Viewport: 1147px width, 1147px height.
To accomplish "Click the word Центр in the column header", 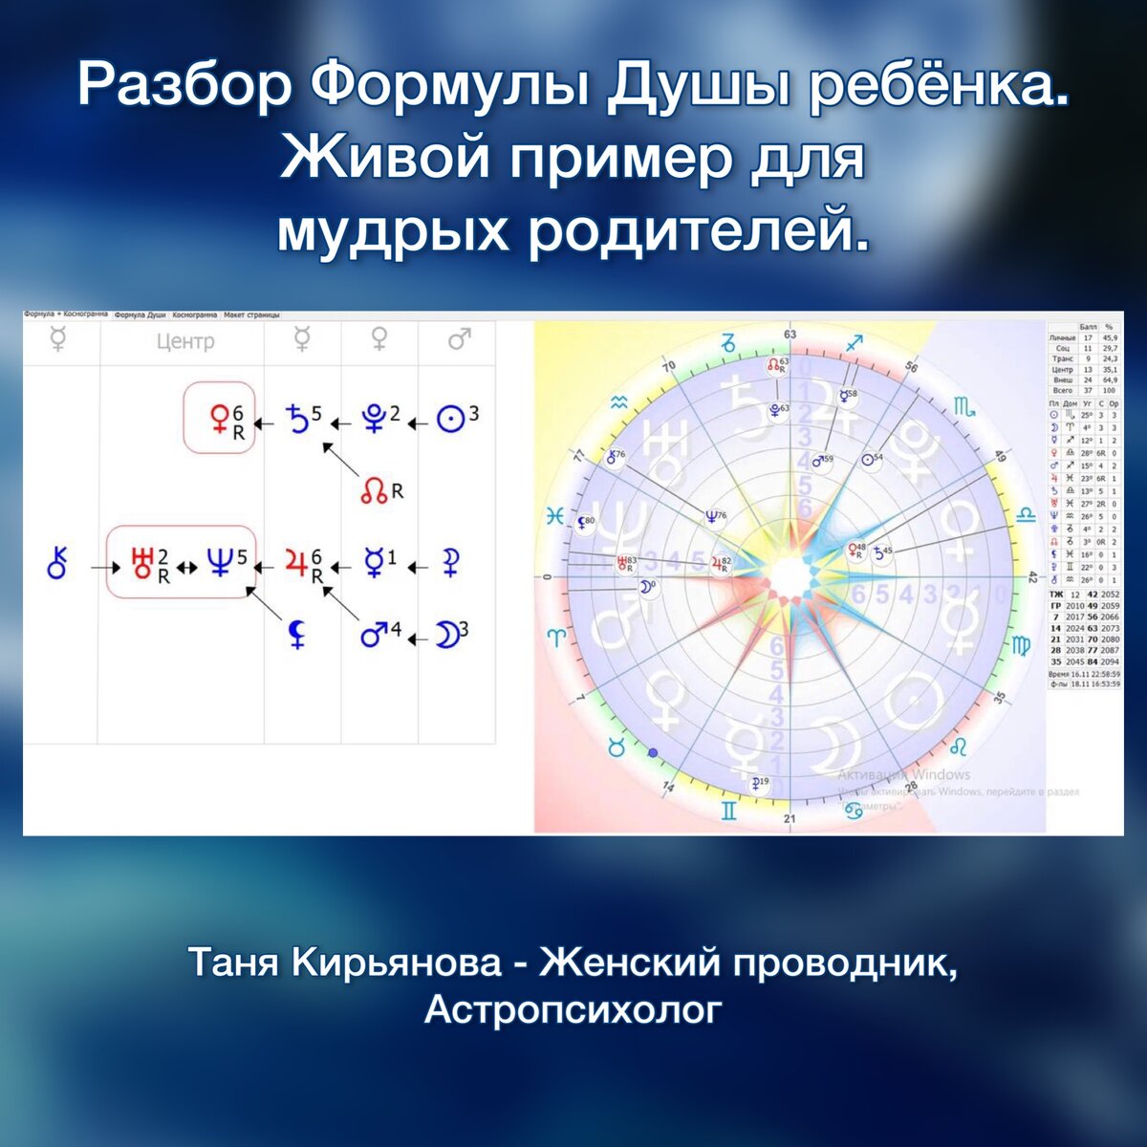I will pos(184,341).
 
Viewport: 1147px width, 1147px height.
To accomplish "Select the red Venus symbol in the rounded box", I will pos(220,418).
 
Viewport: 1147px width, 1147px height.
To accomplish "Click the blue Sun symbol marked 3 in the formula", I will pos(449,420).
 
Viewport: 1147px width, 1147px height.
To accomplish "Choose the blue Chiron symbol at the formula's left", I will pos(58,565).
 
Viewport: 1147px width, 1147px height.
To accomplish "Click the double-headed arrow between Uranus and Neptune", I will pos(187,566).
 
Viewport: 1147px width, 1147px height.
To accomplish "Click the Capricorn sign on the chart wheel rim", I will pos(728,341).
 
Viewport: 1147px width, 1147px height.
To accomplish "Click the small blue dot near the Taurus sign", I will pos(653,752).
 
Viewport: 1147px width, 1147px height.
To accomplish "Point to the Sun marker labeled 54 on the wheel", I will pos(868,460).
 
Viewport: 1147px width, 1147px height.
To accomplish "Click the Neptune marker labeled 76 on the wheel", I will pos(712,517).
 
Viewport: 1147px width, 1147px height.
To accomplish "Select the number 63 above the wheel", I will pos(790,335).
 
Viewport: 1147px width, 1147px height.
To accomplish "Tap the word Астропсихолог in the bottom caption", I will pos(572,1009).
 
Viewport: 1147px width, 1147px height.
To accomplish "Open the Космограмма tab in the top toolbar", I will pos(194,314).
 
